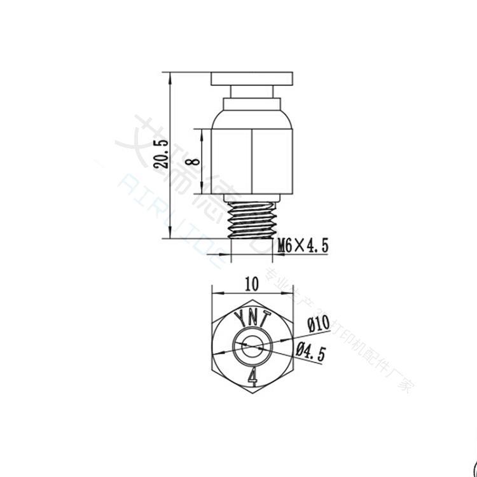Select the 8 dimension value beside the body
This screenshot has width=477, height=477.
pyautogui.click(x=195, y=161)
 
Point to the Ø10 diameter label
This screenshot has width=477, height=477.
pyautogui.click(x=316, y=324)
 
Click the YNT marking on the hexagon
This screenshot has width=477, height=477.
pyautogui.click(x=252, y=317)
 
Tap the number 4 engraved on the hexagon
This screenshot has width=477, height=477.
pyautogui.click(x=252, y=377)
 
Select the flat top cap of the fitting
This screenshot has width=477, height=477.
pyautogui.click(x=252, y=79)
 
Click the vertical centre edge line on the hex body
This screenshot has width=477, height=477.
pyautogui.click(x=252, y=162)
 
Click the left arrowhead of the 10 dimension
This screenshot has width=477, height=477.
pyautogui.click(x=214, y=293)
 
